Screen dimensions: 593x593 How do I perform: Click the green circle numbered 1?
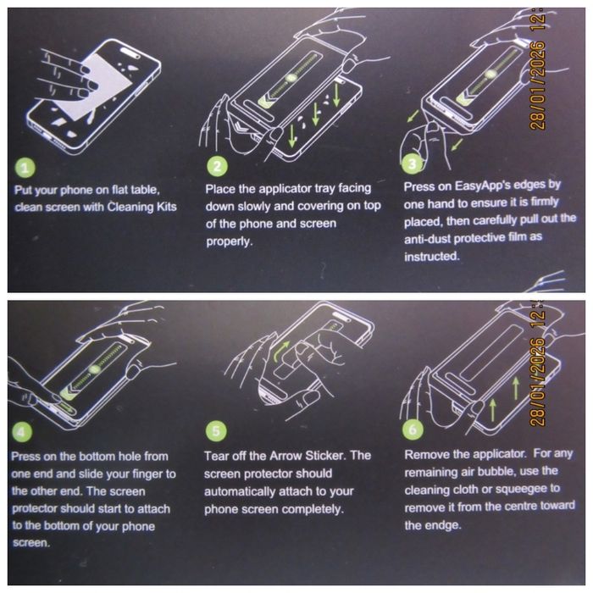(25, 168)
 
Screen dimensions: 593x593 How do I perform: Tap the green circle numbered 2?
(217, 167)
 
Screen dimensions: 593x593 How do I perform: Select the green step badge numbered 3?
(412, 163)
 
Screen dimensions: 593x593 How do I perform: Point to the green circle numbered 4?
(22, 432)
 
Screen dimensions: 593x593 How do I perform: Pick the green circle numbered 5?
(216, 431)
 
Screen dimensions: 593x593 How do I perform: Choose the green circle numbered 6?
(413, 430)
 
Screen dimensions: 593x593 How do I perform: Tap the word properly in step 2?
(229, 241)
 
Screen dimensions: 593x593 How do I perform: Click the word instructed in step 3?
(432, 257)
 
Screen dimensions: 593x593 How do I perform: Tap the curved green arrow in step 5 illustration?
(281, 351)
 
